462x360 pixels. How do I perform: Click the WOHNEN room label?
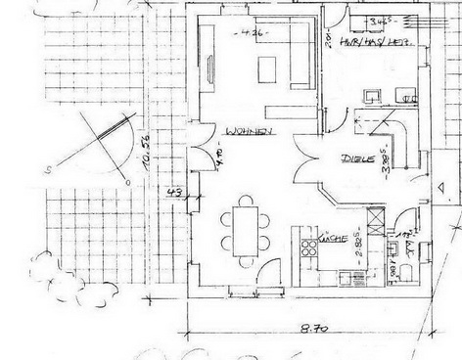click(x=246, y=131)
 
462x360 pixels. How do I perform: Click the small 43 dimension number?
click(x=174, y=193)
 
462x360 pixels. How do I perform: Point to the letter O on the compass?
click(x=126, y=181)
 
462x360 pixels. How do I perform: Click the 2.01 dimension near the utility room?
click(x=326, y=39)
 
